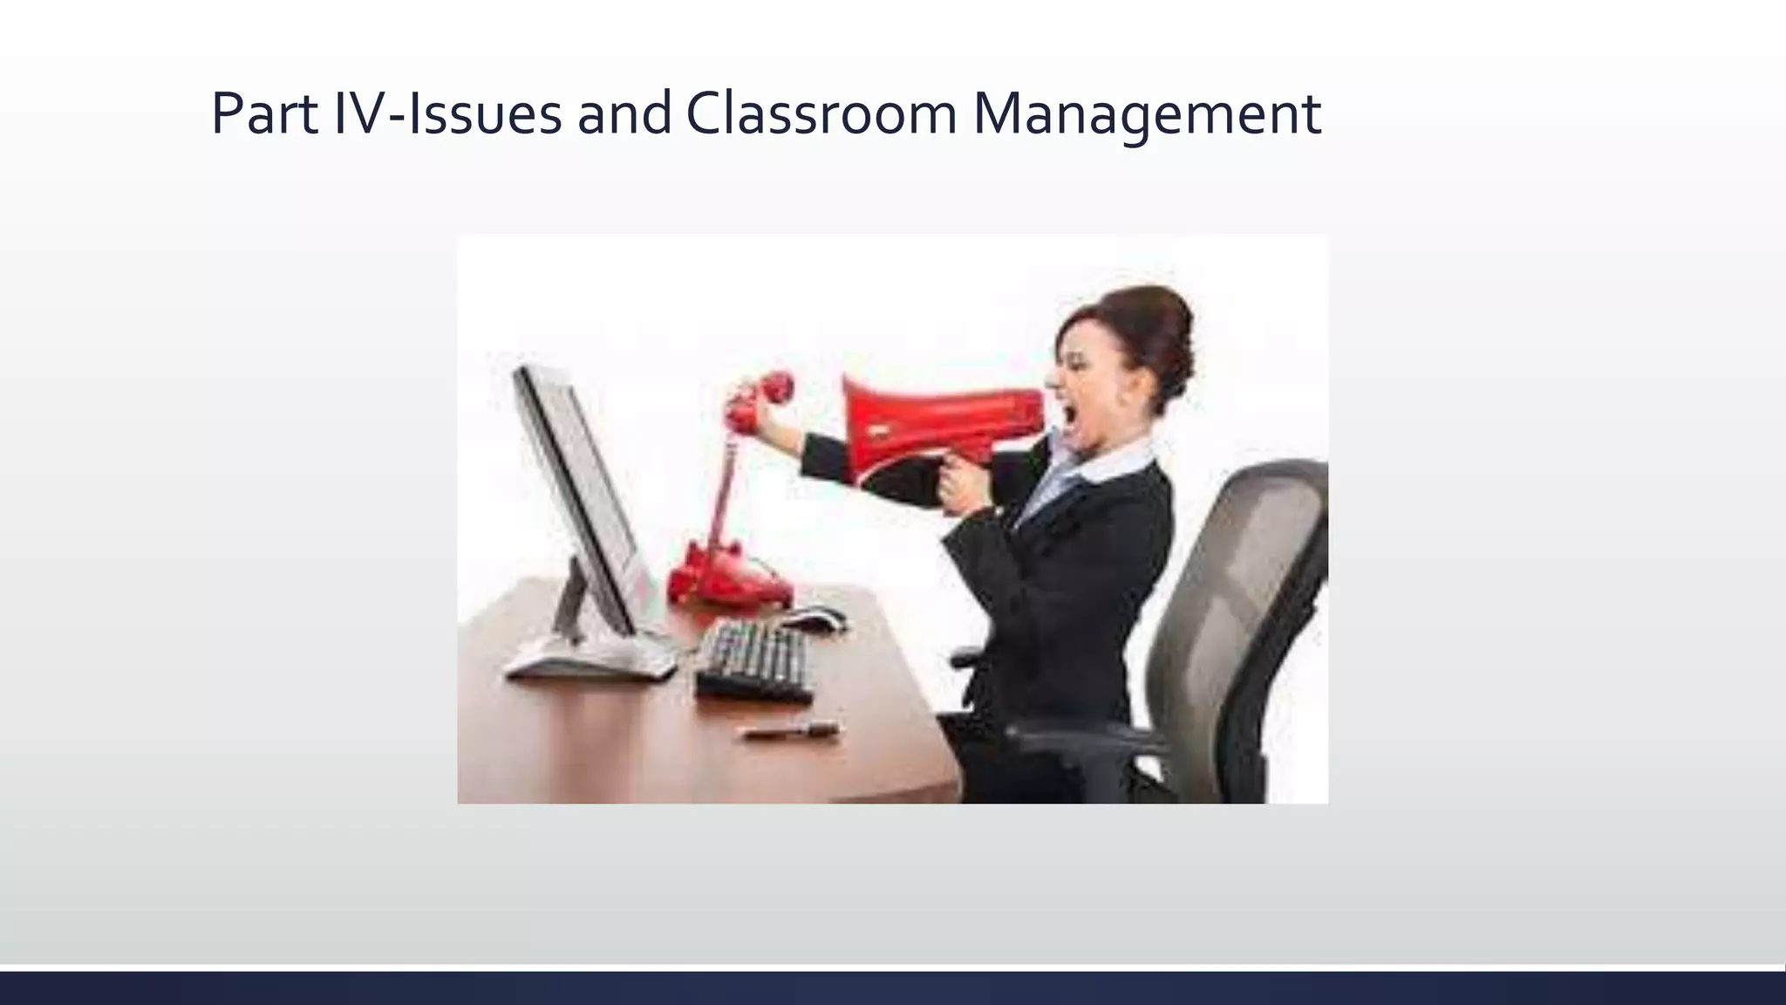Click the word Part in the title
click(x=265, y=114)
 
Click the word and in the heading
click(x=624, y=114)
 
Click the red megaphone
click(x=942, y=419)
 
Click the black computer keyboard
click(x=755, y=659)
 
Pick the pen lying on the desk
click(x=791, y=731)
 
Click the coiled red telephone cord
click(x=726, y=489)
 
